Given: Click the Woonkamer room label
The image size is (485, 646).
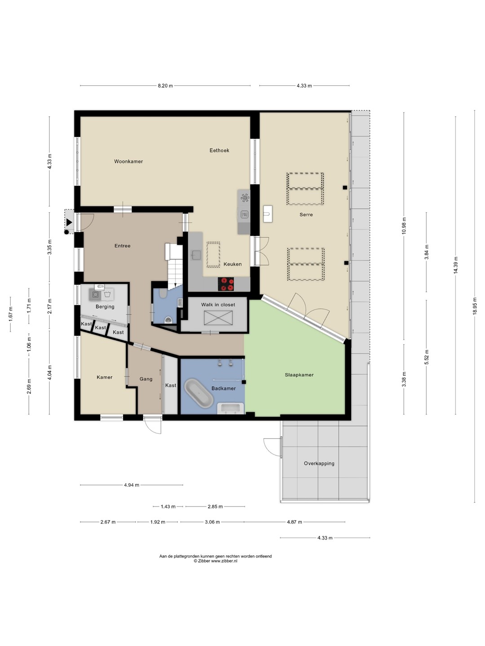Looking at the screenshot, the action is (x=128, y=161).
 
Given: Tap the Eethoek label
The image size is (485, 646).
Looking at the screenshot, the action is (x=220, y=150).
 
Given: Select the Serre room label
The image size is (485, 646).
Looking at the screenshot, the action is (x=306, y=214).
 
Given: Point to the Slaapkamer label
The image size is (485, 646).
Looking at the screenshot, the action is (x=299, y=375).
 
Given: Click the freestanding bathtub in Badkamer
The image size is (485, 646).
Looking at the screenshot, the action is (x=199, y=393).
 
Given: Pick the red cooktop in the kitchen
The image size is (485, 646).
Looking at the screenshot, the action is (x=226, y=284).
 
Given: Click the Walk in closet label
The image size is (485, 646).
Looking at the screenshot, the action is (x=218, y=305).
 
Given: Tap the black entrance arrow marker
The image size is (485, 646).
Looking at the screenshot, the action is (x=69, y=223).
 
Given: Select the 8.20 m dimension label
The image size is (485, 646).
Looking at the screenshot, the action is (x=166, y=86).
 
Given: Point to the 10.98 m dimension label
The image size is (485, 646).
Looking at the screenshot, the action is (x=404, y=226).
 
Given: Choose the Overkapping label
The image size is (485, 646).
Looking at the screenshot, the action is (x=319, y=463).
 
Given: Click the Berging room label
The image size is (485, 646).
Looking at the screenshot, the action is (x=105, y=307).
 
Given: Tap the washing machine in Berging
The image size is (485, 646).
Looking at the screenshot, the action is (x=95, y=295).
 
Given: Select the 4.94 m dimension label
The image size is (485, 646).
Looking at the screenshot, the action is (x=132, y=485).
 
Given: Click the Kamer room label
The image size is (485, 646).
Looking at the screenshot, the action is (x=105, y=377).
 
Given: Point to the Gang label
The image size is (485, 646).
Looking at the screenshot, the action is (x=146, y=379).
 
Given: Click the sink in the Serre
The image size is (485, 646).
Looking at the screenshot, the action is (x=268, y=214).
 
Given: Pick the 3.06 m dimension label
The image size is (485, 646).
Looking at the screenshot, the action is (x=212, y=522).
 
